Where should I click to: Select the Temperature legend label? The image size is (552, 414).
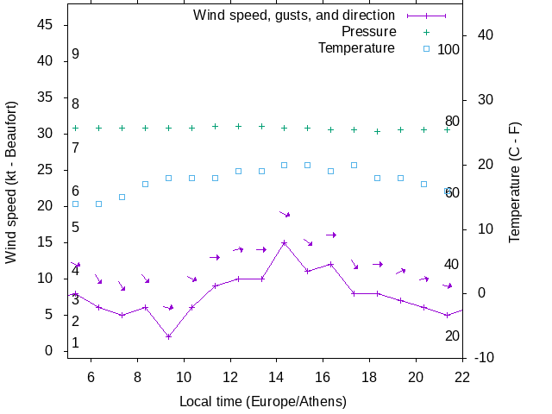pyautogui.click(x=356, y=47)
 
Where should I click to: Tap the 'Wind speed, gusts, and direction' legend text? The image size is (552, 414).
pyautogui.click(x=293, y=15)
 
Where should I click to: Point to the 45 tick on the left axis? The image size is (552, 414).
pyautogui.click(x=47, y=25)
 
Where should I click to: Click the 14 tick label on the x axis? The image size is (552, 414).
pyautogui.click(x=276, y=376)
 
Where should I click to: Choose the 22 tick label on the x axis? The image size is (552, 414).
pyautogui.click(x=462, y=376)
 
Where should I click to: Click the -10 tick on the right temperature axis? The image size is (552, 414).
pyautogui.click(x=485, y=357)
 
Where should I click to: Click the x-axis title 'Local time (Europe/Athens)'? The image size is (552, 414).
pyautogui.click(x=262, y=401)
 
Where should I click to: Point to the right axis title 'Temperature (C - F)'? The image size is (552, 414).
pyautogui.click(x=514, y=181)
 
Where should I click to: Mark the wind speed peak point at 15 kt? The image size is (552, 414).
pyautogui.click(x=284, y=242)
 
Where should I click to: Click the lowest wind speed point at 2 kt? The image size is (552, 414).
pyautogui.click(x=168, y=336)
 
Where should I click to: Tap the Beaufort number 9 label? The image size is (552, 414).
pyautogui.click(x=76, y=54)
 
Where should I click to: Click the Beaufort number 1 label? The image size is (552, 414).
pyautogui.click(x=76, y=342)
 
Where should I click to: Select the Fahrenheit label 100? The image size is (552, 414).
pyautogui.click(x=448, y=49)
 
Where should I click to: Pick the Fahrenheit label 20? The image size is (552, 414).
pyautogui.click(x=452, y=336)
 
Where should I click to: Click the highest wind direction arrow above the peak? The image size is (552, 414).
pyautogui.click(x=285, y=213)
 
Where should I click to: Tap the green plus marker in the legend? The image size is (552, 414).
pyautogui.click(x=426, y=32)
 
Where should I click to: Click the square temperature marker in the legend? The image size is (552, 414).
pyautogui.click(x=426, y=48)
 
